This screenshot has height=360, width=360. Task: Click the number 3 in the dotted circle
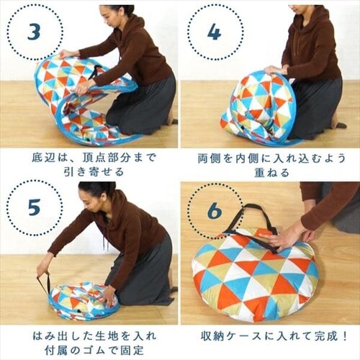[x=34, y=32]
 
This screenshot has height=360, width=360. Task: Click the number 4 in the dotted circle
[x=214, y=32]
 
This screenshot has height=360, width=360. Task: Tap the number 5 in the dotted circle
[x=34, y=208]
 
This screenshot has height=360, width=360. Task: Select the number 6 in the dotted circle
[x=214, y=211]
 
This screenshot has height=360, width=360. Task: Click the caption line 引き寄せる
[x=88, y=171]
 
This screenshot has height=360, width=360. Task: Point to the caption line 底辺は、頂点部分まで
[x=88, y=156]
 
